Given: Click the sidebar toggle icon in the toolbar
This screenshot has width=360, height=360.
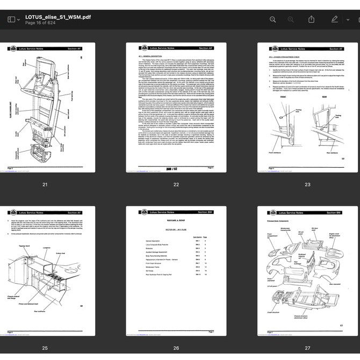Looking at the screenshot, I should pos(11,19).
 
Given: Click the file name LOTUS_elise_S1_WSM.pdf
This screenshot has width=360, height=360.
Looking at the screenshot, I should pos(58,17).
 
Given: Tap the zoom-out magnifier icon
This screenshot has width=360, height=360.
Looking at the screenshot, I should pos(272,19).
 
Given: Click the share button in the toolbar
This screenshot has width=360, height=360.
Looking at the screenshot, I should pos(311,19).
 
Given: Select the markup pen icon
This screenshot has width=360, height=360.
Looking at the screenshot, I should pos(335,19).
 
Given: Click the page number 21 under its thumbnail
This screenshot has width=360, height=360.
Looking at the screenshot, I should pos(45,184).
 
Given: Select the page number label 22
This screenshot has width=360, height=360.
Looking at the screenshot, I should pos(176,184).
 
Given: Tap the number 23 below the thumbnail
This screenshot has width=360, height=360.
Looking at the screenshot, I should pos(307,184).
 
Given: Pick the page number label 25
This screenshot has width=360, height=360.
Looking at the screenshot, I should pos(45,348).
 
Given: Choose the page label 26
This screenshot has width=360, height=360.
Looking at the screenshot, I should pos(176,348).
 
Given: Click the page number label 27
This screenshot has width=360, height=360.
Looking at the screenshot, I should pos(307,348).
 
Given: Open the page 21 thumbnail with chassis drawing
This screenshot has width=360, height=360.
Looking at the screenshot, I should pos(45,107).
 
